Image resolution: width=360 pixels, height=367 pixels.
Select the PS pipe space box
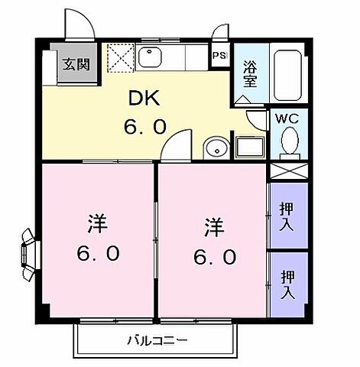click(219, 56)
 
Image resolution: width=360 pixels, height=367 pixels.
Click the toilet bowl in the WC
click(290, 141)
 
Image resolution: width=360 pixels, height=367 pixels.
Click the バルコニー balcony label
click(157, 339)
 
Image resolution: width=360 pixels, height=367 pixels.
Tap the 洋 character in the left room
click(97, 225)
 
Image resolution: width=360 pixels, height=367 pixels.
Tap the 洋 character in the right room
click(214, 228)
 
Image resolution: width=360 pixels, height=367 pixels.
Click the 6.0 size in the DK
click(144, 127)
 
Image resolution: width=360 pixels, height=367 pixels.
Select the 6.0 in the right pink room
click(215, 258)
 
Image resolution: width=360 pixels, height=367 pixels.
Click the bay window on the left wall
click(30, 253)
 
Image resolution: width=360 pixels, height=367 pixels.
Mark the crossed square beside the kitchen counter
click(121, 57)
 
